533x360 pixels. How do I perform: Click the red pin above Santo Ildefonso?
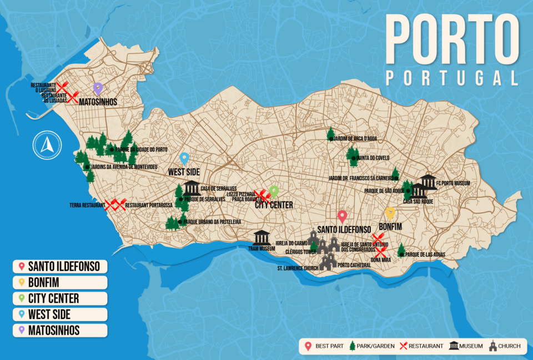342,217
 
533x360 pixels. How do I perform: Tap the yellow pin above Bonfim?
390,213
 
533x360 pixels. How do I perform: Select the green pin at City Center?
274,192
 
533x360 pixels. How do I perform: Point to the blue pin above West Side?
184,158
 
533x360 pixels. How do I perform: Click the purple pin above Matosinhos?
98,88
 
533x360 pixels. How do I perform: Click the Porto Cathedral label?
354,265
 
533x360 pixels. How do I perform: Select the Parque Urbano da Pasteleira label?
205,222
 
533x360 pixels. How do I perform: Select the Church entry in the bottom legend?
506,346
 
